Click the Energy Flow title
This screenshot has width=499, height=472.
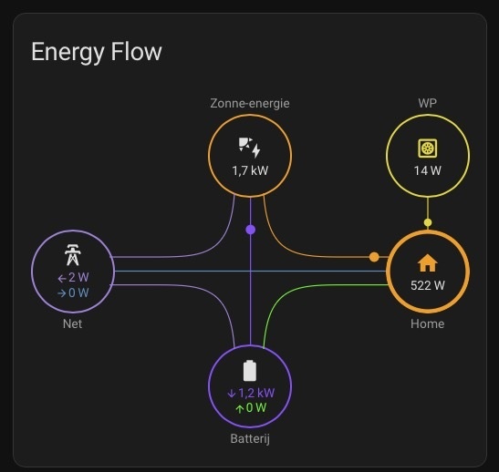tap(97, 52)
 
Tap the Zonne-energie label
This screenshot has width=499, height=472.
tap(250, 104)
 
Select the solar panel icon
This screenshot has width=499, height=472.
tap(250, 148)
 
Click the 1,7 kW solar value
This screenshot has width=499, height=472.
tap(250, 170)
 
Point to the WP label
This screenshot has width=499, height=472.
tap(428, 103)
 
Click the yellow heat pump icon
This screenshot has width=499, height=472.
tap(428, 149)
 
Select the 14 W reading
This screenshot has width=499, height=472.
tap(428, 170)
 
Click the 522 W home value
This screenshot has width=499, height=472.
tap(428, 285)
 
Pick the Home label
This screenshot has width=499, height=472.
tap(428, 323)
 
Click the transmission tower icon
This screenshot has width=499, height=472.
tap(73, 254)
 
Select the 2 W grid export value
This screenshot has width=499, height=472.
tap(73, 278)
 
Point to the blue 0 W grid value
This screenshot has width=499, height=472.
tap(73, 292)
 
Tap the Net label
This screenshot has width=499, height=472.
tap(73, 323)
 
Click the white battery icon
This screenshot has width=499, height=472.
tap(250, 371)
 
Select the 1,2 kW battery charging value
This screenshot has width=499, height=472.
tap(251, 393)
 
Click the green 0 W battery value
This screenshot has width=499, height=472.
tap(251, 408)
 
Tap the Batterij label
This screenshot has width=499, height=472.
tap(250, 439)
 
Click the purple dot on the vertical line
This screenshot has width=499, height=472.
tap(251, 230)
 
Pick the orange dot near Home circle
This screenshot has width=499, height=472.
tap(374, 257)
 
